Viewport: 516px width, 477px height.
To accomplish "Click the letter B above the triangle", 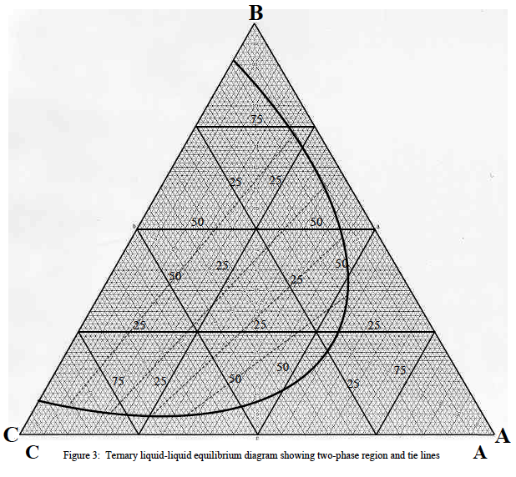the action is point(257,12).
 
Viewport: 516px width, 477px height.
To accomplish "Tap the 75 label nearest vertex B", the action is point(256,120).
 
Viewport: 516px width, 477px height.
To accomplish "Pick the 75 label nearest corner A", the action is point(401,369).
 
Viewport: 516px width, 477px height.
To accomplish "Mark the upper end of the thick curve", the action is point(234,60).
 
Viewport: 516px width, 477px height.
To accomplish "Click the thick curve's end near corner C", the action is point(38,403).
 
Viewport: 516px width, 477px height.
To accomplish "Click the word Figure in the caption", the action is point(76,455).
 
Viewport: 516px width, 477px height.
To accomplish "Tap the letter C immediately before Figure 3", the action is point(33,453).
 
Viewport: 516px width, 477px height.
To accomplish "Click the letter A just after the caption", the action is point(480,453).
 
